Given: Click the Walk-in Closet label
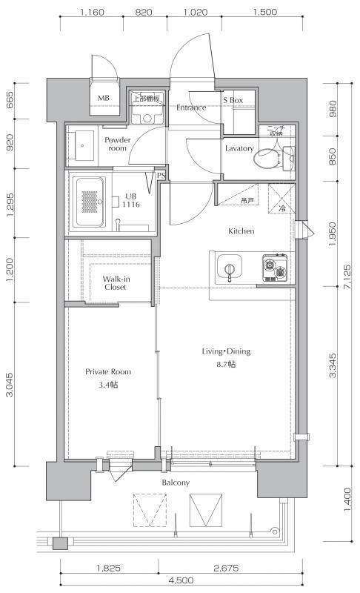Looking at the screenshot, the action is pyautogui.click(x=116, y=283).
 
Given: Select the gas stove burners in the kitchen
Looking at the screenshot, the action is pyautogui.click(x=275, y=268).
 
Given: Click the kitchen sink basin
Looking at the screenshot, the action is pyautogui.click(x=229, y=268).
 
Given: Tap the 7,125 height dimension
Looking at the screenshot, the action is pyautogui.click(x=347, y=276).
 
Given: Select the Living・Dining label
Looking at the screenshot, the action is pyautogui.click(x=226, y=351).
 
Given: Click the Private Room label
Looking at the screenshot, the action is pyautogui.click(x=108, y=372).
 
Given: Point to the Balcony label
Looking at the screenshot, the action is pyautogui.click(x=176, y=483).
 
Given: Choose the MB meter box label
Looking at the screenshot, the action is pyautogui.click(x=104, y=98).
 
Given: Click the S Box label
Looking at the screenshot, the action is pyautogui.click(x=233, y=100).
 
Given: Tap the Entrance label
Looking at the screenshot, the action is pyautogui.click(x=191, y=107).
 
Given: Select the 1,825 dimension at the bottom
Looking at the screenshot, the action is pyautogui.click(x=109, y=568).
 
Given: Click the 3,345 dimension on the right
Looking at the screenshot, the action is pyautogui.click(x=333, y=365).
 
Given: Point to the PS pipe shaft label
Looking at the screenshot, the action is pyautogui.click(x=161, y=176).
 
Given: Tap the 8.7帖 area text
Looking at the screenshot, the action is pyautogui.click(x=225, y=365).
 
